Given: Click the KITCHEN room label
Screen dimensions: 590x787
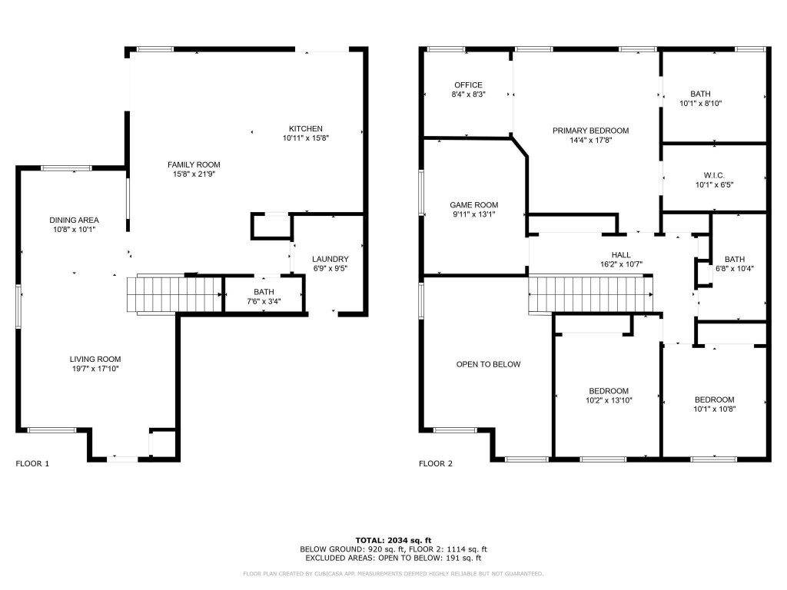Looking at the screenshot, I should click(x=305, y=128).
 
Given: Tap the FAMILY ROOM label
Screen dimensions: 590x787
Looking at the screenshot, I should click(x=194, y=164).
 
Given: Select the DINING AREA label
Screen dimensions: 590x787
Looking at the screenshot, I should click(x=74, y=220).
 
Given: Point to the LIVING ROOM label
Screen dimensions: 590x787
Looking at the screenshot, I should click(x=95, y=359).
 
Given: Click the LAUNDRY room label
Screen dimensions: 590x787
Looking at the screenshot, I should click(x=330, y=259).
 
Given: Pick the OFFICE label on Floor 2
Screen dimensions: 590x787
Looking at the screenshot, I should click(x=468, y=85).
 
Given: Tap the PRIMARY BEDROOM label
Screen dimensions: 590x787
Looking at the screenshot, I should click(x=590, y=131).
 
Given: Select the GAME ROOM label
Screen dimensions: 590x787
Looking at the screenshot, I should click(x=473, y=205).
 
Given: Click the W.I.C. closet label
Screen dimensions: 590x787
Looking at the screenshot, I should click(x=714, y=175).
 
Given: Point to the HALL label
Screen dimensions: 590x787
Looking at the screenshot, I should click(x=621, y=255).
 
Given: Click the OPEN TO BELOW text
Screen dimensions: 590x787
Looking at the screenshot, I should click(x=488, y=364).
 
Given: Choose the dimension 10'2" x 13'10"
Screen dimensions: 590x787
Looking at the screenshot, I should click(x=609, y=400).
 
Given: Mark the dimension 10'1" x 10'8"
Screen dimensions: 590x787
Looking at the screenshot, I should click(x=714, y=409).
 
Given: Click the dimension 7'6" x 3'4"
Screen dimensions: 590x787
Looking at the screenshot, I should click(x=264, y=301).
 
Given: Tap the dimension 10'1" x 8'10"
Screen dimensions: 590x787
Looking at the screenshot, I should click(x=700, y=103).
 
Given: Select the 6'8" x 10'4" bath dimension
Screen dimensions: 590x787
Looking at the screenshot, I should click(x=734, y=268).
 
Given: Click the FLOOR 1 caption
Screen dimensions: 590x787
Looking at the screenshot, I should click(x=32, y=464).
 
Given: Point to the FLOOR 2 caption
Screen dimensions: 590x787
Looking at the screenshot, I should click(x=436, y=464).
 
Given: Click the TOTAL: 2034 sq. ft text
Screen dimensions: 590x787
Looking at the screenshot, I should click(x=393, y=540).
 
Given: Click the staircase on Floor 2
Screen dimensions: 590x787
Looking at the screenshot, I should click(x=590, y=294).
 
